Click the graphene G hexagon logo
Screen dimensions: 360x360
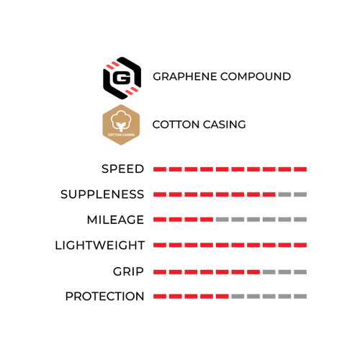pos(122,78)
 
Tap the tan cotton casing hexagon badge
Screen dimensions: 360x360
pos(121,125)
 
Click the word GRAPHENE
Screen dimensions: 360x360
pos(185,76)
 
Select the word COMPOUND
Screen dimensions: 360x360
pos(256,76)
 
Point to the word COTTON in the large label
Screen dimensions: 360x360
pos(176,125)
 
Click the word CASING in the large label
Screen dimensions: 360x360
pos(225,125)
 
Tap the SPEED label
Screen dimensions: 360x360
pos(122,169)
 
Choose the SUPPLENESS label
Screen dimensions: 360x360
pos(102,194)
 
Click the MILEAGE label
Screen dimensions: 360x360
pos(115,220)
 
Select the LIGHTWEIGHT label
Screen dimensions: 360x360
pos(100,246)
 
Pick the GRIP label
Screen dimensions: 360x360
pos(128,271)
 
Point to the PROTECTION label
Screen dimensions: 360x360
pos(104,296)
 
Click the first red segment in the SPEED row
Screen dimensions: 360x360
pos(160,169)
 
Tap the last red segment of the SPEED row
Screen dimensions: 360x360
pos(300,169)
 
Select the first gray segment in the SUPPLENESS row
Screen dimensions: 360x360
pos(284,194)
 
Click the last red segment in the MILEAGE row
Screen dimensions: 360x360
pos(207,220)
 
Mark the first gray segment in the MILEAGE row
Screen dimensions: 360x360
pos(222,220)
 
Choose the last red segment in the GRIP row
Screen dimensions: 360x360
pos(253,272)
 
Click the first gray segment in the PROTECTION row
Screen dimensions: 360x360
pos(238,297)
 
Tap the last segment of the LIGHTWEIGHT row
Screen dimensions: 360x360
pos(300,245)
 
